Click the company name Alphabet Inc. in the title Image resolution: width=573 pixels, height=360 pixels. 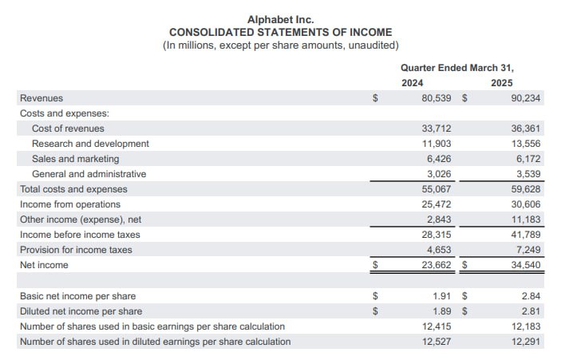[x=280, y=18]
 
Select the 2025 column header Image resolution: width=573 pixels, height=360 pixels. [x=502, y=83]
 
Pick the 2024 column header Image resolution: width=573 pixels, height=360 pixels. [x=412, y=83]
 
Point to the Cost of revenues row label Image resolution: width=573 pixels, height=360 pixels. [x=68, y=129]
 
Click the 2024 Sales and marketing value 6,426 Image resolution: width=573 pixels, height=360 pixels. [x=441, y=159]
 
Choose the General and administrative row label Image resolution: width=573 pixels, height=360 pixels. [x=89, y=174]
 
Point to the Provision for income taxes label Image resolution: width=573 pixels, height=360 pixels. [x=76, y=250]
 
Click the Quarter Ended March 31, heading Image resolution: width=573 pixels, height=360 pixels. [x=457, y=68]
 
